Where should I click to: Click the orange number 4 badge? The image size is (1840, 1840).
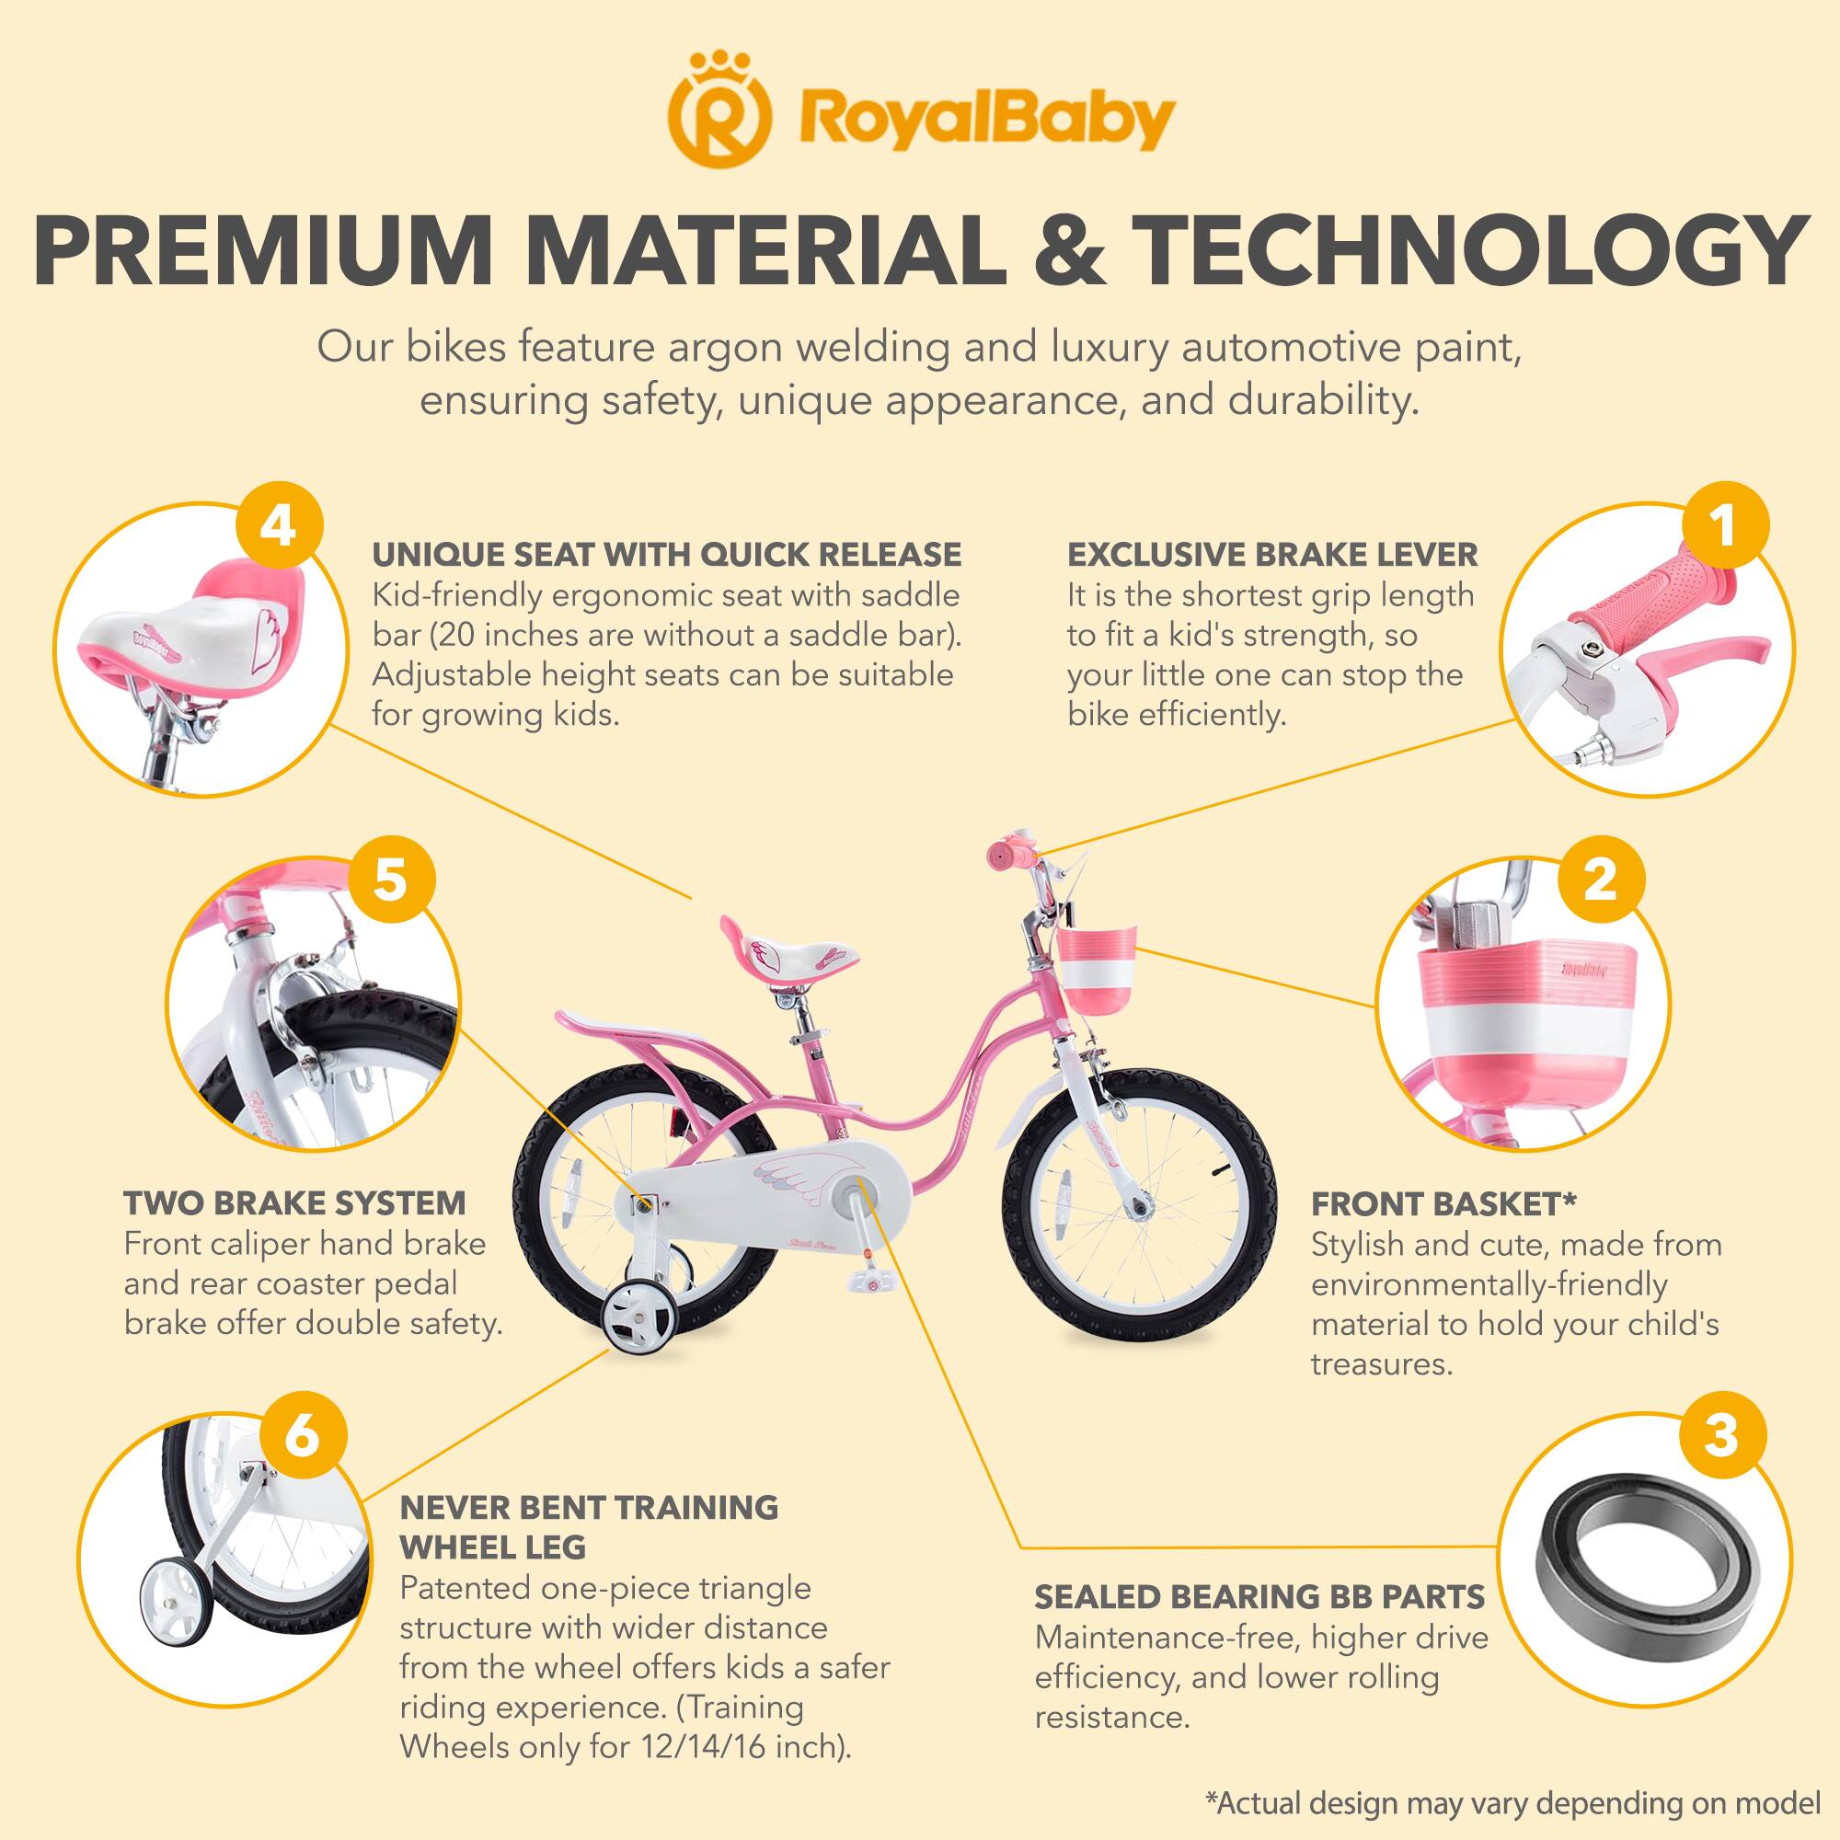(x=278, y=526)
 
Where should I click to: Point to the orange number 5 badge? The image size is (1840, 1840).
(x=390, y=878)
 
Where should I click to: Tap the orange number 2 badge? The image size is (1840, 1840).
(x=1600, y=878)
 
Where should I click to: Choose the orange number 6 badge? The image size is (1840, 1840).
(x=301, y=1434)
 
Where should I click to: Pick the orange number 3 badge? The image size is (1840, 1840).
(x=1720, y=1434)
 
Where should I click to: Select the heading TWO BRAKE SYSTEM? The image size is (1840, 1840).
(x=295, y=1202)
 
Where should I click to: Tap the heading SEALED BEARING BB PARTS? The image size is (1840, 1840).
(x=1260, y=1596)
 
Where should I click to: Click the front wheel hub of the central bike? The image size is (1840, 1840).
(x=1137, y=1208)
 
